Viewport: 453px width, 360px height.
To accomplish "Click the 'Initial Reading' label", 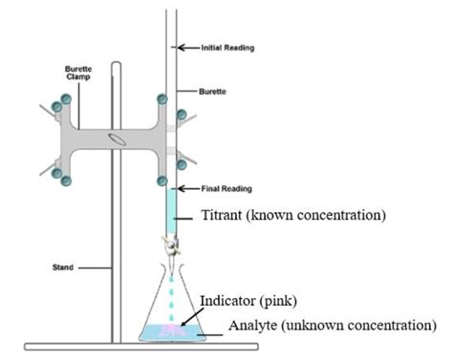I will point(226,46).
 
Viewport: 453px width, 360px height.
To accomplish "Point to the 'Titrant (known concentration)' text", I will point(292,216).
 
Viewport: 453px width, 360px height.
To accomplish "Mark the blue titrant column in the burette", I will point(171,211).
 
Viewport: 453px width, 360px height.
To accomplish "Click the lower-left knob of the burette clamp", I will point(65,178).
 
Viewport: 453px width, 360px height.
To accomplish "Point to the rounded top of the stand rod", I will point(117,67).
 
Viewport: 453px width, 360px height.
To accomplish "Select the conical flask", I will point(173,306).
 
